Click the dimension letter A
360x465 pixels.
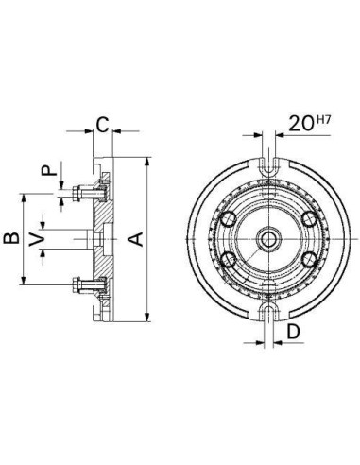136,239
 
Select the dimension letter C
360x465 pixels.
102,125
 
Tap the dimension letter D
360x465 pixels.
293,331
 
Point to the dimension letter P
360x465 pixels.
49,171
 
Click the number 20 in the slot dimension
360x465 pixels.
301,124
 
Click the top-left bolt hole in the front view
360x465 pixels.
229,218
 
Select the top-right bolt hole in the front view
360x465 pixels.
310,218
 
